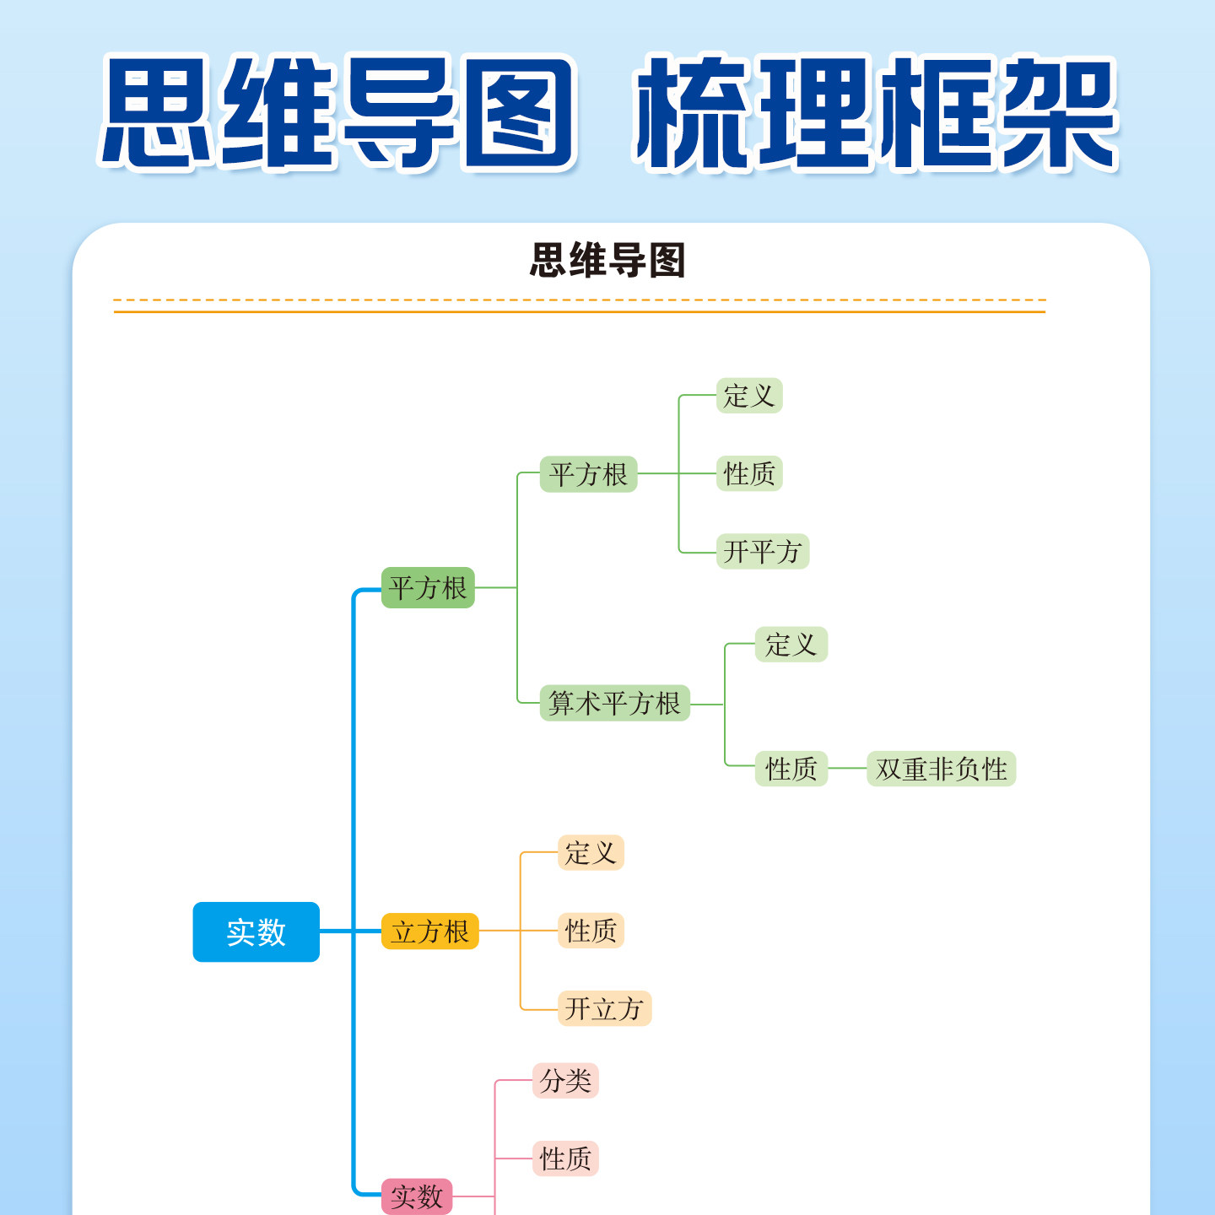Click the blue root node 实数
coord(256,931)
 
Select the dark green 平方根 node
coord(428,587)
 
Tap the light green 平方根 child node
coord(588,474)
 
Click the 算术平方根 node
coord(614,703)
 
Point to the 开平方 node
coord(762,552)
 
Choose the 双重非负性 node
coord(941,769)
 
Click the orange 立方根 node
coord(429,931)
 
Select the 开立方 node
coord(604,1008)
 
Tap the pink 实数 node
coord(417,1196)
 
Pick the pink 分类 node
coord(565,1081)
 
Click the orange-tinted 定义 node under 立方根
coord(591,852)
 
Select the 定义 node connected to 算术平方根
coord(791,645)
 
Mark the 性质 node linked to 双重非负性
coord(791,769)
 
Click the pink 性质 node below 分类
coord(565,1158)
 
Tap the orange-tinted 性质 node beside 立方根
coord(591,931)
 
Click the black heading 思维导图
coord(607,260)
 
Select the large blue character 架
coord(1058,111)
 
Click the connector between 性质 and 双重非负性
coord(847,769)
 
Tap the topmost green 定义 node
coord(749,396)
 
